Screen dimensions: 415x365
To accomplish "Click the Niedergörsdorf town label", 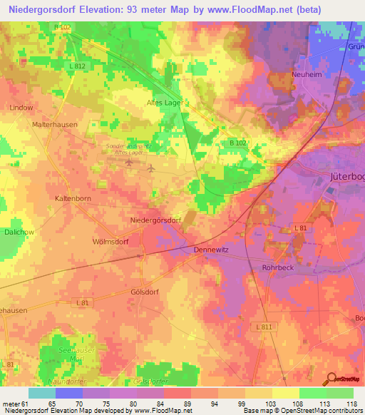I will point(155,220).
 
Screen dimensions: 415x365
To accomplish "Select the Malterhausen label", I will point(54,124).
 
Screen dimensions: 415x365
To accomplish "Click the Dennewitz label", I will point(212,250).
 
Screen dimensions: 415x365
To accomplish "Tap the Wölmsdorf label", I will point(110,241).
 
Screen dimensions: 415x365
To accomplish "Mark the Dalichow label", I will point(17,232).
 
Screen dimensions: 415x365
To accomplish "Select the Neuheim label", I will point(308,74).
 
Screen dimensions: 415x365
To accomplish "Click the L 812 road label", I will point(79,66).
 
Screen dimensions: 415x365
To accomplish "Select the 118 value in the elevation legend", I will point(350,404).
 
